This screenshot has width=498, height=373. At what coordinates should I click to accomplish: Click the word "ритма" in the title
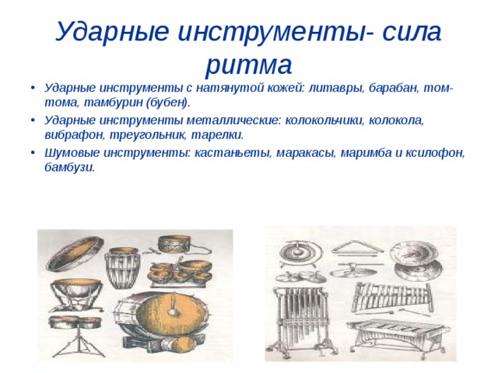point(249,64)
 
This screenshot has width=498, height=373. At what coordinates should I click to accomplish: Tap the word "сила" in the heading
point(412,31)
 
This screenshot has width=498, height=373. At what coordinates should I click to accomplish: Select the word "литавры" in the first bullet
point(336,88)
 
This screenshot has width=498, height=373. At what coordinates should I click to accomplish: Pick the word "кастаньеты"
point(233,153)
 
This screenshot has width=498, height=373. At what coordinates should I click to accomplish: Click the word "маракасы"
point(306,153)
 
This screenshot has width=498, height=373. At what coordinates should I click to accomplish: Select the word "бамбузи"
point(69,167)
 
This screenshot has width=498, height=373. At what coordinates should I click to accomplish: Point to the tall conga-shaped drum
point(122,269)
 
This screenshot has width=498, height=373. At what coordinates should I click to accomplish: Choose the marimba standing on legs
point(398,333)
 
